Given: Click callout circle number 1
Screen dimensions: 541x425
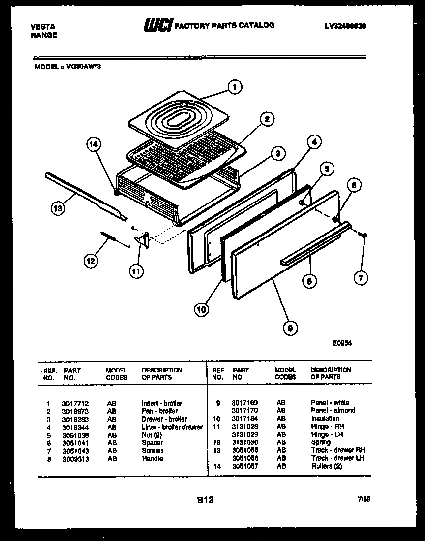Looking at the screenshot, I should click(x=235, y=87).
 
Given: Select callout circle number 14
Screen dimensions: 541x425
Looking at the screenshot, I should click(x=93, y=144).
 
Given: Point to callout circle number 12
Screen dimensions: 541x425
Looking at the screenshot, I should click(x=91, y=261).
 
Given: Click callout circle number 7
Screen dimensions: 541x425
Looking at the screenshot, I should click(x=361, y=278).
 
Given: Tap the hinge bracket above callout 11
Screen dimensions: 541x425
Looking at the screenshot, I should click(x=143, y=239).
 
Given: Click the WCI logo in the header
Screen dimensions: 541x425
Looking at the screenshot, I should click(x=157, y=26).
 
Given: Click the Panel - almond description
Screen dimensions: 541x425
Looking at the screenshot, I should click(x=333, y=410).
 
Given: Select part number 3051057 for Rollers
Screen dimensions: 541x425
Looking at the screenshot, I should click(x=245, y=466).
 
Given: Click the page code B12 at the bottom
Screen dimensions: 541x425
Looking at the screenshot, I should click(x=205, y=500).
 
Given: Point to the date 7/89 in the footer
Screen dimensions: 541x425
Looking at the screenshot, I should click(x=364, y=499).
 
